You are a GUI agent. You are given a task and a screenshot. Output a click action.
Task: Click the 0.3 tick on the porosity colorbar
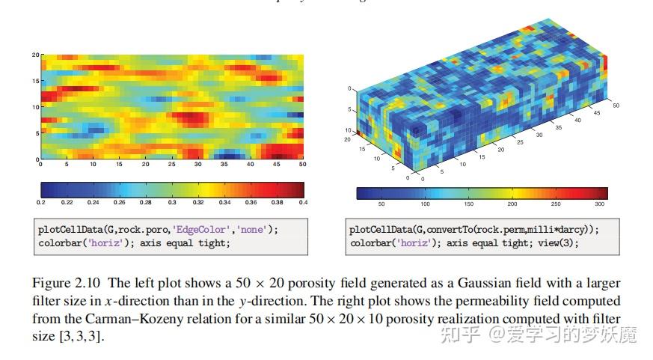click(x=172, y=203)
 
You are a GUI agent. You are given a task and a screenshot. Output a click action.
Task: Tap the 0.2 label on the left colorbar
click(x=41, y=203)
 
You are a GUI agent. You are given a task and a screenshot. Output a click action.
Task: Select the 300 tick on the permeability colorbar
click(x=598, y=204)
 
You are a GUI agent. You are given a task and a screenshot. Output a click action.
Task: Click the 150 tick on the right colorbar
click(x=469, y=204)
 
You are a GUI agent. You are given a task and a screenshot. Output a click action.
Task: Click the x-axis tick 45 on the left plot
click(x=278, y=164)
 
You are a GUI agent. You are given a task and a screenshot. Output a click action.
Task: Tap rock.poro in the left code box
click(x=131, y=230)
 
